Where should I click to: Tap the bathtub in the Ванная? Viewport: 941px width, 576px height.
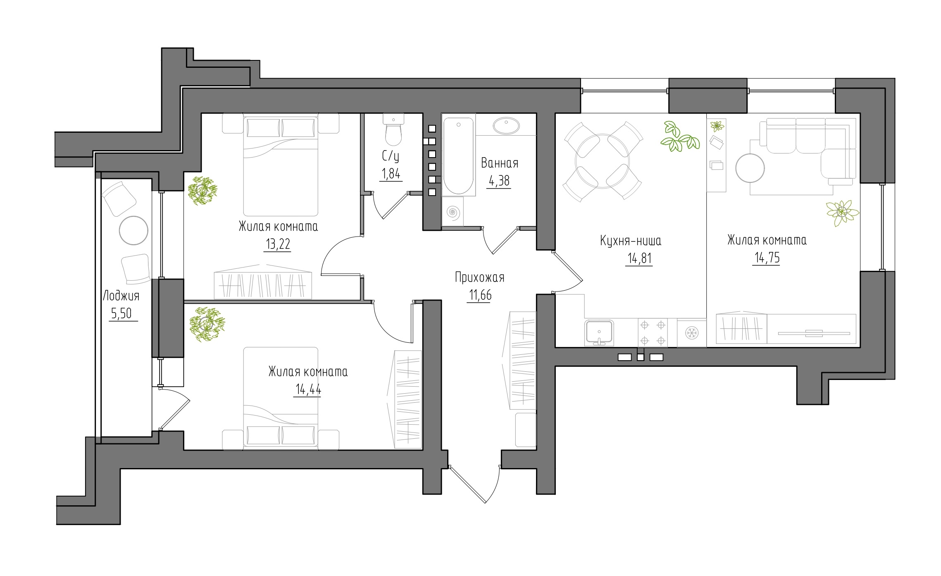click(x=458, y=156)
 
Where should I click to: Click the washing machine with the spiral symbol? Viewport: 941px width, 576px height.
click(x=453, y=212)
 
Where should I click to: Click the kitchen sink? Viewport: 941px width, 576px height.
click(x=599, y=332)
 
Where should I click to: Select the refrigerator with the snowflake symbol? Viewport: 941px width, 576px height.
click(x=691, y=332)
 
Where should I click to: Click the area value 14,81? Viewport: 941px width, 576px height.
click(x=640, y=259)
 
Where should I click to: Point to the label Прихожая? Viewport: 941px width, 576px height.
click(x=480, y=277)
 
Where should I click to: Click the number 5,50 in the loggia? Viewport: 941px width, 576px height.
click(x=121, y=314)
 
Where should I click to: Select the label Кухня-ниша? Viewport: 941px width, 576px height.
click(x=631, y=241)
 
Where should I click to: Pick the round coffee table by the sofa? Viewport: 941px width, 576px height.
click(x=750, y=168)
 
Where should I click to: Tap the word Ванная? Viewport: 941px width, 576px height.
click(x=500, y=163)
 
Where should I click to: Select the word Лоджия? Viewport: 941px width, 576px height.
click(x=121, y=296)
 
